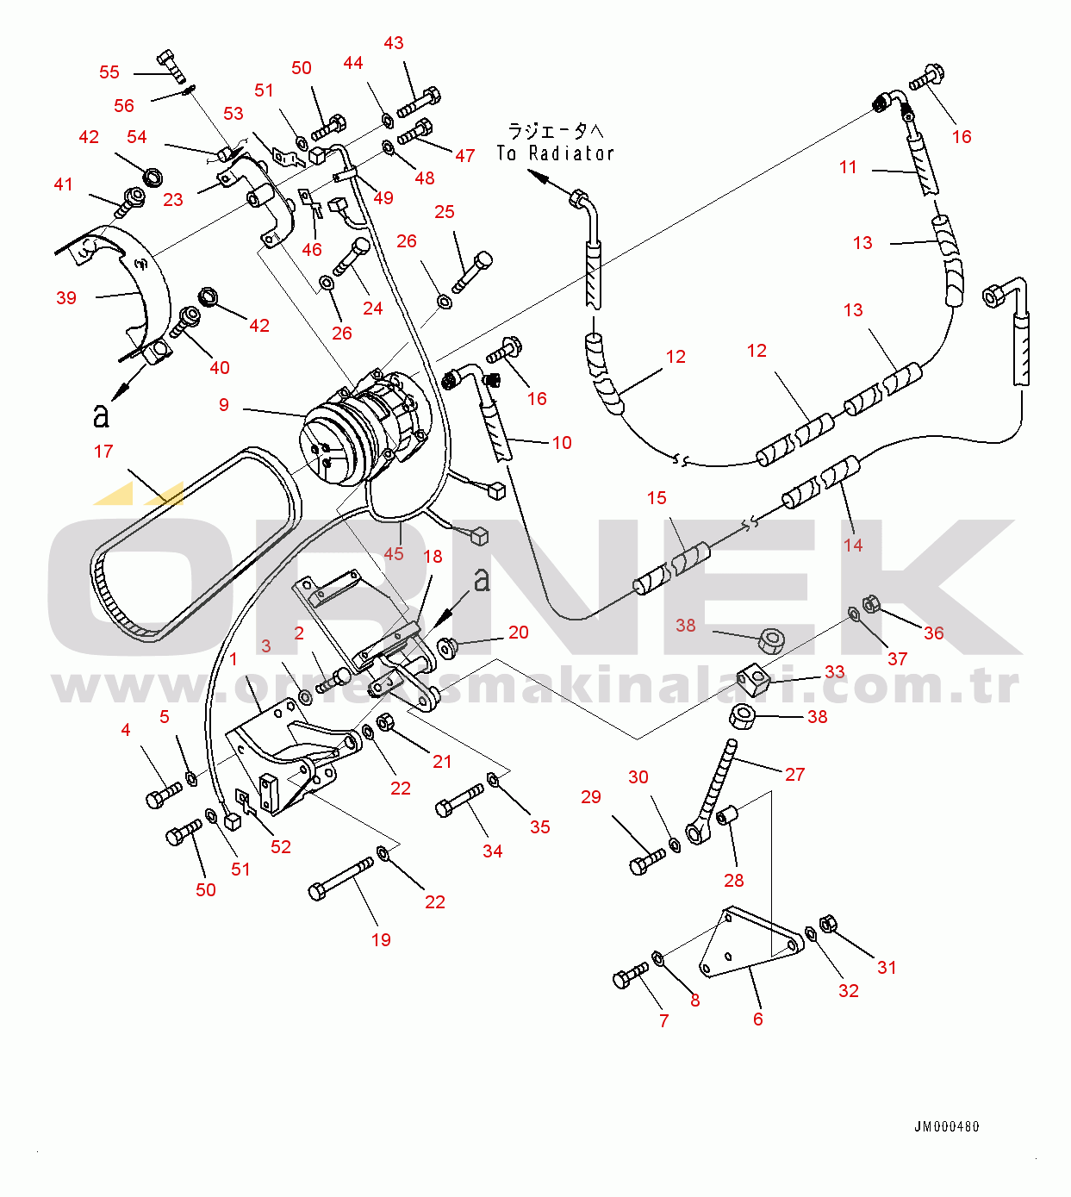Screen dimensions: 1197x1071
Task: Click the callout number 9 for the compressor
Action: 224,404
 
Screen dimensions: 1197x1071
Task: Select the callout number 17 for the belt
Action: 103,452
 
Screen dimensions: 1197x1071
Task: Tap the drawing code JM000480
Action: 946,1126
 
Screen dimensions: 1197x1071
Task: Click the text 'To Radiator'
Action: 556,153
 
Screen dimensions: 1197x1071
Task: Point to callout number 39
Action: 66,298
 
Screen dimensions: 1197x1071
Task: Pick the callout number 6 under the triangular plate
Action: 757,1019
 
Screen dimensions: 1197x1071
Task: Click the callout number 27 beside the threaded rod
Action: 794,775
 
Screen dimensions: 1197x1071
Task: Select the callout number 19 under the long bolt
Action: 381,940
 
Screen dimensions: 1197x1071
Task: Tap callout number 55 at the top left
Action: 109,72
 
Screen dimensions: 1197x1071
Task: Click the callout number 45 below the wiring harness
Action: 394,553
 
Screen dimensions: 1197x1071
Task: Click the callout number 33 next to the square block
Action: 834,671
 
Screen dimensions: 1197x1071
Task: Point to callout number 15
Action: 657,498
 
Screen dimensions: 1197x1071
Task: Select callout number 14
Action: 853,545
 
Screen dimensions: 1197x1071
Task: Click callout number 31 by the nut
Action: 887,968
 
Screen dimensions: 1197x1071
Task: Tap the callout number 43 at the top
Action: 393,43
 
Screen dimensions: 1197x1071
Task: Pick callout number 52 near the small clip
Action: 281,847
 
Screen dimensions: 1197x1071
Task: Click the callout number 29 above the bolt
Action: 591,797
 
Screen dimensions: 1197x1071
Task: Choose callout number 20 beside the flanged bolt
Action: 518,633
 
